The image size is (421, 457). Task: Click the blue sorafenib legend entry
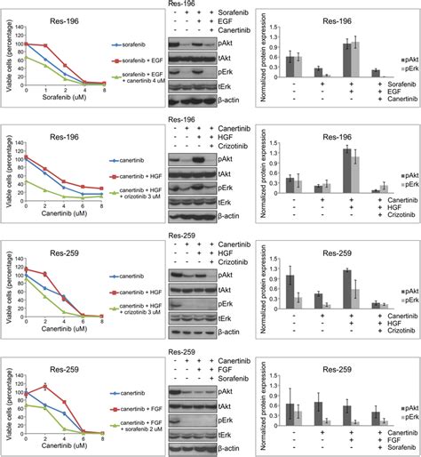click(x=126, y=43)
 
